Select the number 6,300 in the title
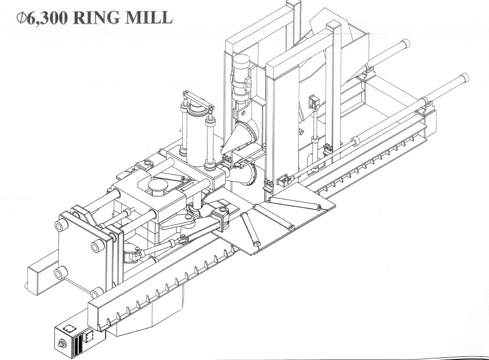[46, 17]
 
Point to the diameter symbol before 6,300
[21, 17]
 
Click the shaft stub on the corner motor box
[61, 344]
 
